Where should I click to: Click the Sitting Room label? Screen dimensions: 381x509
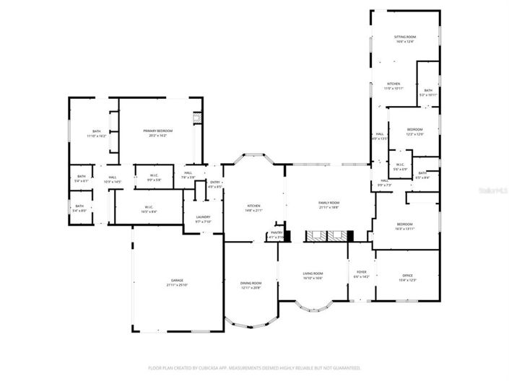coord(404,36)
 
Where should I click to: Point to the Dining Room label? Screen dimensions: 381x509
coord(251,283)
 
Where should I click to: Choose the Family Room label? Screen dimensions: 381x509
coord(329,203)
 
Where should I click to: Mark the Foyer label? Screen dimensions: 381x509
coord(361,273)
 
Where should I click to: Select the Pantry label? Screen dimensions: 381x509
coord(277,232)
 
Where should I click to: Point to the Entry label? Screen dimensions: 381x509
coord(215,182)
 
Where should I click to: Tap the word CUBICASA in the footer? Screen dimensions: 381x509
coord(208,368)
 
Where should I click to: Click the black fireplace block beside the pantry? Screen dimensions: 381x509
coord(287,235)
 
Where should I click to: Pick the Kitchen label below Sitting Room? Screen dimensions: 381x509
coord(393,84)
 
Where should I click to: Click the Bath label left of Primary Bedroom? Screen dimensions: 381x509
coord(97,131)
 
